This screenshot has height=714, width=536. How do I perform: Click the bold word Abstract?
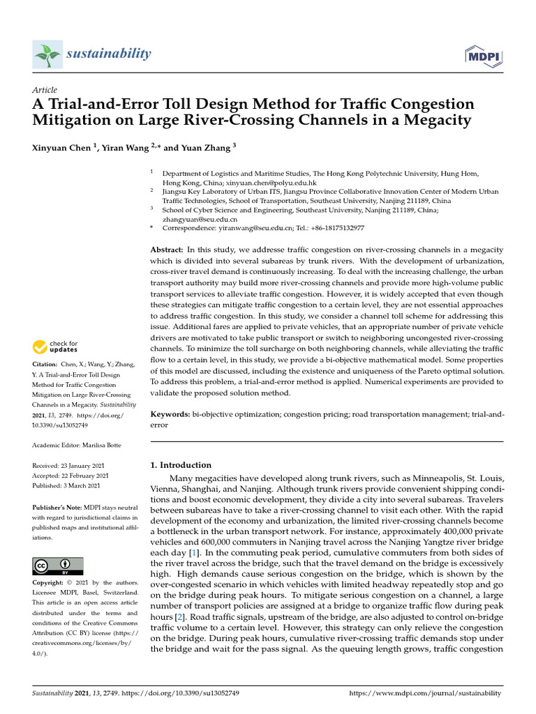tap(167, 250)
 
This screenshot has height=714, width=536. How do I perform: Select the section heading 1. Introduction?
tap(181, 465)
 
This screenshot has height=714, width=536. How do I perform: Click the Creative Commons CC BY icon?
tap(58, 565)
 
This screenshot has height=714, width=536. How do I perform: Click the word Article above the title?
tap(45, 91)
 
